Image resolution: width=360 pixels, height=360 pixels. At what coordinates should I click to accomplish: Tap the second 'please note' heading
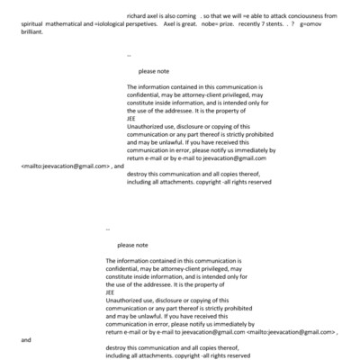pos(132,245)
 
